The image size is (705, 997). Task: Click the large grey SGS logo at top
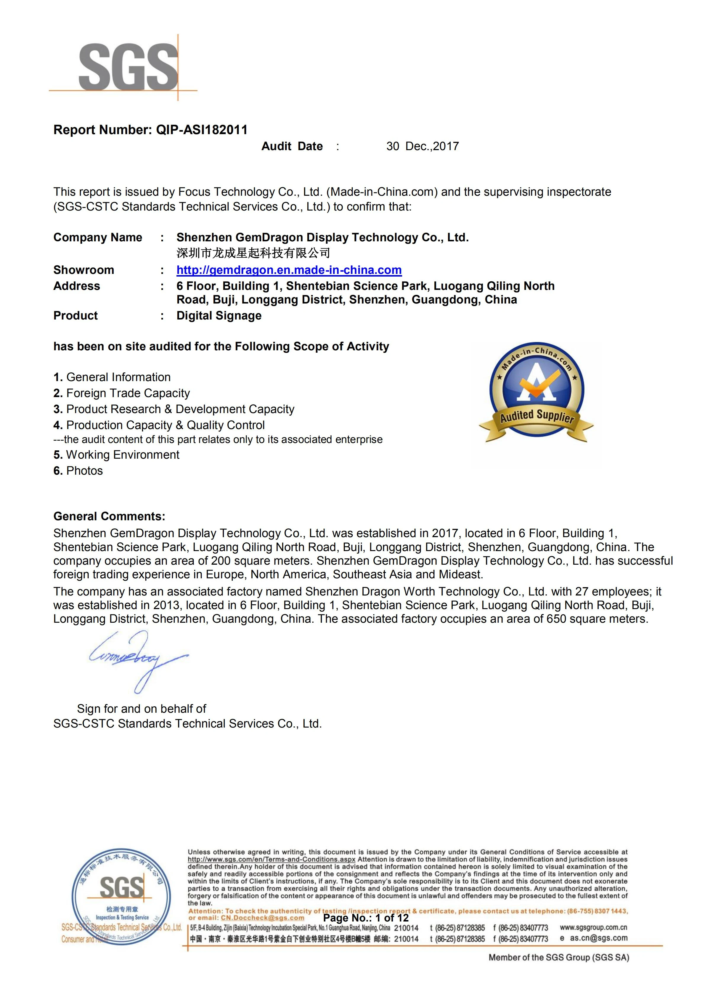[128, 67]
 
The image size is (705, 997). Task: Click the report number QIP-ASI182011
[201, 130]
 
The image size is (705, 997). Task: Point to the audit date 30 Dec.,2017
[423, 146]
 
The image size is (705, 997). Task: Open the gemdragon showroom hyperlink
[289, 270]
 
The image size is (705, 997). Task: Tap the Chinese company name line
[253, 253]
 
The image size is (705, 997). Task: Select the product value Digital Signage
[219, 316]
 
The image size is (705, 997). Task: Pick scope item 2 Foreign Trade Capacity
[122, 394]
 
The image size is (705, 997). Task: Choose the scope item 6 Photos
[78, 471]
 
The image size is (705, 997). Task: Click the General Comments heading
[109, 516]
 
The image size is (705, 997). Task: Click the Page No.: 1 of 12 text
[366, 918]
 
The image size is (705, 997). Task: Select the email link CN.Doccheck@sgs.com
[262, 918]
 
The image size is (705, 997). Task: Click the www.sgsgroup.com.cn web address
[593, 927]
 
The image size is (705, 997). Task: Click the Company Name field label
[98, 237]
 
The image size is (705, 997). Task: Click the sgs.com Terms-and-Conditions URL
[271, 859]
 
